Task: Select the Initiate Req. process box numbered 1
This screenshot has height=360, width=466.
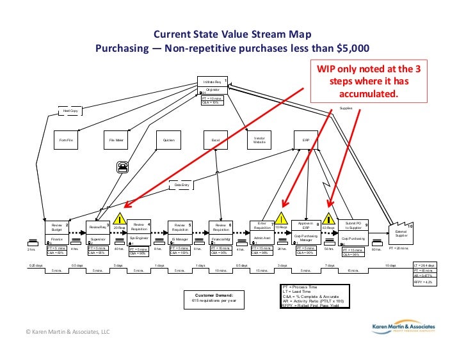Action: tap(213, 86)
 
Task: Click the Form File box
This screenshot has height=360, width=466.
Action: tap(66, 139)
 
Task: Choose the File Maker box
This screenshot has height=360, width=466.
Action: tap(116, 139)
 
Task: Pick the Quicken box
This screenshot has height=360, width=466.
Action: tap(169, 139)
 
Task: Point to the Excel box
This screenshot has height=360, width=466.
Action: tap(215, 139)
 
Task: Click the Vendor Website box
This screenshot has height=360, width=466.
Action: tap(259, 139)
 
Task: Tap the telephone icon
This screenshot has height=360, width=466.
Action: tap(122, 166)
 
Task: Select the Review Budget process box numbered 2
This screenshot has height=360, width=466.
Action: tap(57, 228)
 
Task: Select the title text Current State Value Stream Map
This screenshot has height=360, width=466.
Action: tap(232, 35)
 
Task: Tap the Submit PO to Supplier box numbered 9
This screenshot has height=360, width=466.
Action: tap(353, 226)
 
